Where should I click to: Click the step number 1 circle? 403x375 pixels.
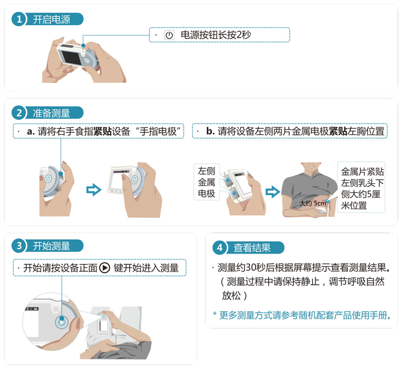(x=19, y=19)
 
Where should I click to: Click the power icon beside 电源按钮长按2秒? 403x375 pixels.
(x=169, y=35)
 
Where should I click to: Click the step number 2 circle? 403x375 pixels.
(x=19, y=113)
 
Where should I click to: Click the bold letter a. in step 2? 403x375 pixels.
(x=31, y=131)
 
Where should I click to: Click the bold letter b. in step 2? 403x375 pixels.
(x=210, y=131)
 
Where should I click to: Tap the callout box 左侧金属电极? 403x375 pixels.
(x=207, y=182)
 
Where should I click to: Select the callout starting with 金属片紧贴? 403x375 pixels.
(x=362, y=188)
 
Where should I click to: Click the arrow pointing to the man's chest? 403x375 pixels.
(x=272, y=191)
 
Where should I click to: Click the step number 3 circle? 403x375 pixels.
(x=19, y=246)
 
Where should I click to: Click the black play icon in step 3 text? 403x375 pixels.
(x=105, y=268)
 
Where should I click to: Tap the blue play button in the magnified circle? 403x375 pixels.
(x=62, y=323)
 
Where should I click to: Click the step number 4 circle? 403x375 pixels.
(x=220, y=248)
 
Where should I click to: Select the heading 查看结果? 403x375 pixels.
(x=252, y=248)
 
